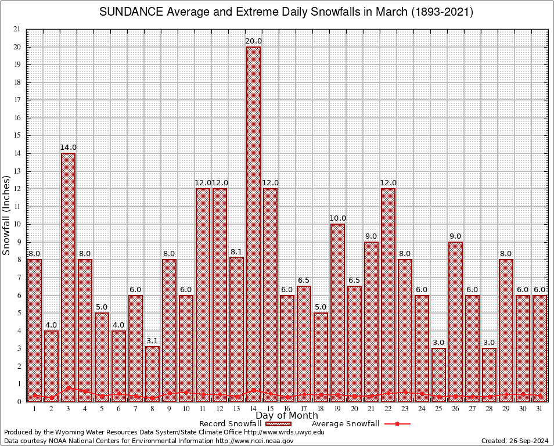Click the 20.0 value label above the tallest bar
point(254,41)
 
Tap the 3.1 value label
point(152,341)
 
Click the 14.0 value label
point(68,148)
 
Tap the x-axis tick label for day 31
point(539,409)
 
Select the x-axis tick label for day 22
point(388,409)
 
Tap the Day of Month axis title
point(287,416)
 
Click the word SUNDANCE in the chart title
point(126,12)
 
